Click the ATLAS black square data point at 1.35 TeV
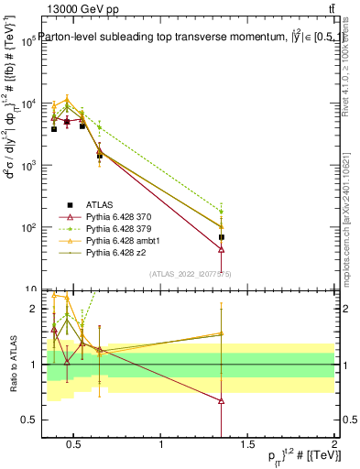click(x=222, y=237)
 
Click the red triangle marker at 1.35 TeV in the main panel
click(x=222, y=249)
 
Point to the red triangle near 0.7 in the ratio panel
click(x=222, y=400)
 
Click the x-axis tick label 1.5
click(x=247, y=445)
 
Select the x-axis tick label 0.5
click(x=75, y=445)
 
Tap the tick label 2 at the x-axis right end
click(x=333, y=445)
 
